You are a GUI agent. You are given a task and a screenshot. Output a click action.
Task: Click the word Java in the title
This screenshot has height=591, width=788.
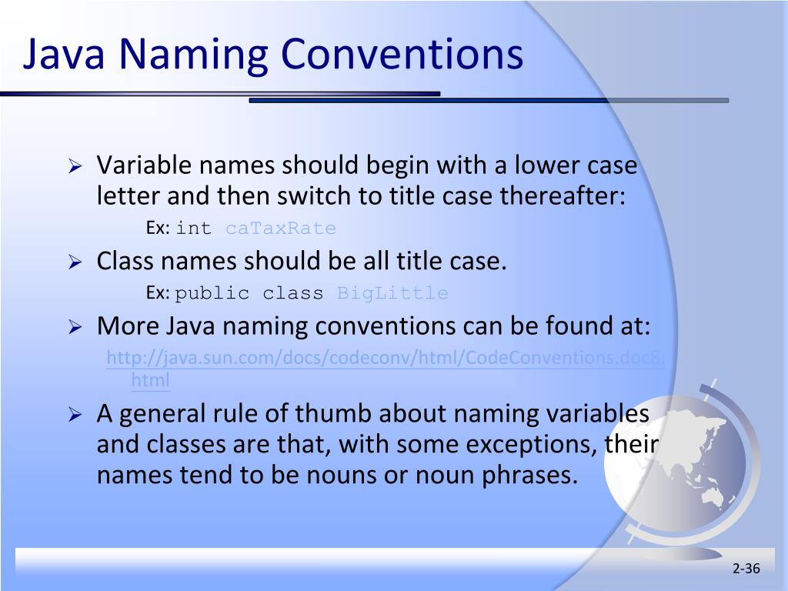click(x=65, y=56)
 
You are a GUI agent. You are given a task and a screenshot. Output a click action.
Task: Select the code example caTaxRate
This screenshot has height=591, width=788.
click(x=281, y=229)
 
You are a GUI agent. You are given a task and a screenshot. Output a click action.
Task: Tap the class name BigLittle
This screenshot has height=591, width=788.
click(x=392, y=293)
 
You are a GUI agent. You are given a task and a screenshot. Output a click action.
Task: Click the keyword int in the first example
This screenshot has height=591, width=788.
click(x=193, y=229)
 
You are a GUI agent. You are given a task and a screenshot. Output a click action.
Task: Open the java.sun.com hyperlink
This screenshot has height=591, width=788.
click(x=385, y=359)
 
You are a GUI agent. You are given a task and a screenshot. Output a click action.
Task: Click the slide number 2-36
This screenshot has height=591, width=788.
click(x=746, y=569)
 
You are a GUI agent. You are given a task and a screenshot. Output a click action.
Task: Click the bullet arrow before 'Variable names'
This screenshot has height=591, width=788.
click(x=75, y=165)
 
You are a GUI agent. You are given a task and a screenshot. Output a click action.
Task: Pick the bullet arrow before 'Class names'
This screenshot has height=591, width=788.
click(x=75, y=262)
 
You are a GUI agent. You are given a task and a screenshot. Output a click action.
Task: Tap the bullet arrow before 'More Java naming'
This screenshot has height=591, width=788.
click(x=75, y=327)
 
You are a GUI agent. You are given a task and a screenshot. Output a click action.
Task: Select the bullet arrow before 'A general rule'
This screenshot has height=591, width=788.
click(x=75, y=415)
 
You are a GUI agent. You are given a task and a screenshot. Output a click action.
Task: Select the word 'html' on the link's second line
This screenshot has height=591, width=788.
click(x=150, y=380)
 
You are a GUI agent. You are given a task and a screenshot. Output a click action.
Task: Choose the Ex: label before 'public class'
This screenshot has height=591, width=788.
click(x=158, y=293)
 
